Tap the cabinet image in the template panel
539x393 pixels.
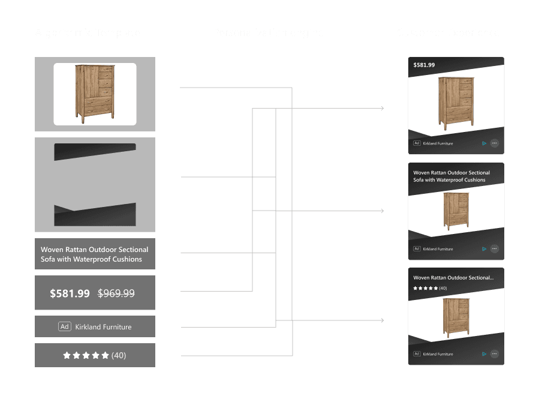(95, 94)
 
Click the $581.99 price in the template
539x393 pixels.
(70, 293)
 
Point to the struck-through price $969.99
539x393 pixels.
(116, 293)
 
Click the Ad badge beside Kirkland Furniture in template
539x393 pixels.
(65, 327)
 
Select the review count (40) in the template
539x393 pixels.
(119, 355)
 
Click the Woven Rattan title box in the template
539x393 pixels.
(95, 254)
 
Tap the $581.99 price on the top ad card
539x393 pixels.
(424, 65)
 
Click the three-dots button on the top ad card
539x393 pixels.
(495, 143)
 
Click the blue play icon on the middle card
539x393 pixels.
(484, 248)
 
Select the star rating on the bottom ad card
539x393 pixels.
(425, 289)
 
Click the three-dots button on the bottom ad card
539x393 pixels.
(495, 354)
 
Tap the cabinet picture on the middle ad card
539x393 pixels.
(456, 211)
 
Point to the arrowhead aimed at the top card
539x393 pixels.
(381, 109)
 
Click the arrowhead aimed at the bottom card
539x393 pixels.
(381, 320)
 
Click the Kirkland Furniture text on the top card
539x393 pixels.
(438, 143)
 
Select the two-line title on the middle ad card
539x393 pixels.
(451, 176)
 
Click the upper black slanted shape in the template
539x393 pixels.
(95, 151)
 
